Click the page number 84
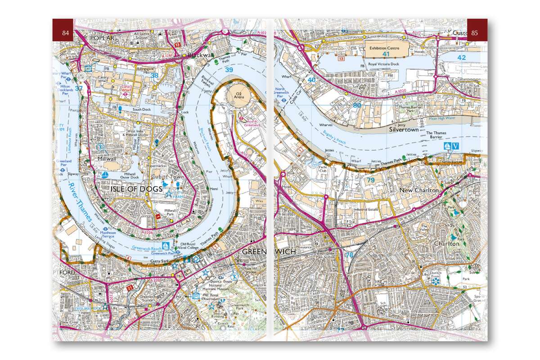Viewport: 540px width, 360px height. [66, 32]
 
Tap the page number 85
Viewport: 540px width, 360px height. [474, 32]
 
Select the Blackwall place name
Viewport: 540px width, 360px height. [200, 55]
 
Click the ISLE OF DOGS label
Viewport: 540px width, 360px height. [136, 190]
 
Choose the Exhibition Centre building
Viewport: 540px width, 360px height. [385, 48]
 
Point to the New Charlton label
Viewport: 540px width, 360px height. [419, 191]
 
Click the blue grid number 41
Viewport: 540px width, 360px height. [386, 54]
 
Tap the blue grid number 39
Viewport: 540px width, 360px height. [229, 69]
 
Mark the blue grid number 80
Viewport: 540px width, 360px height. [357, 105]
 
